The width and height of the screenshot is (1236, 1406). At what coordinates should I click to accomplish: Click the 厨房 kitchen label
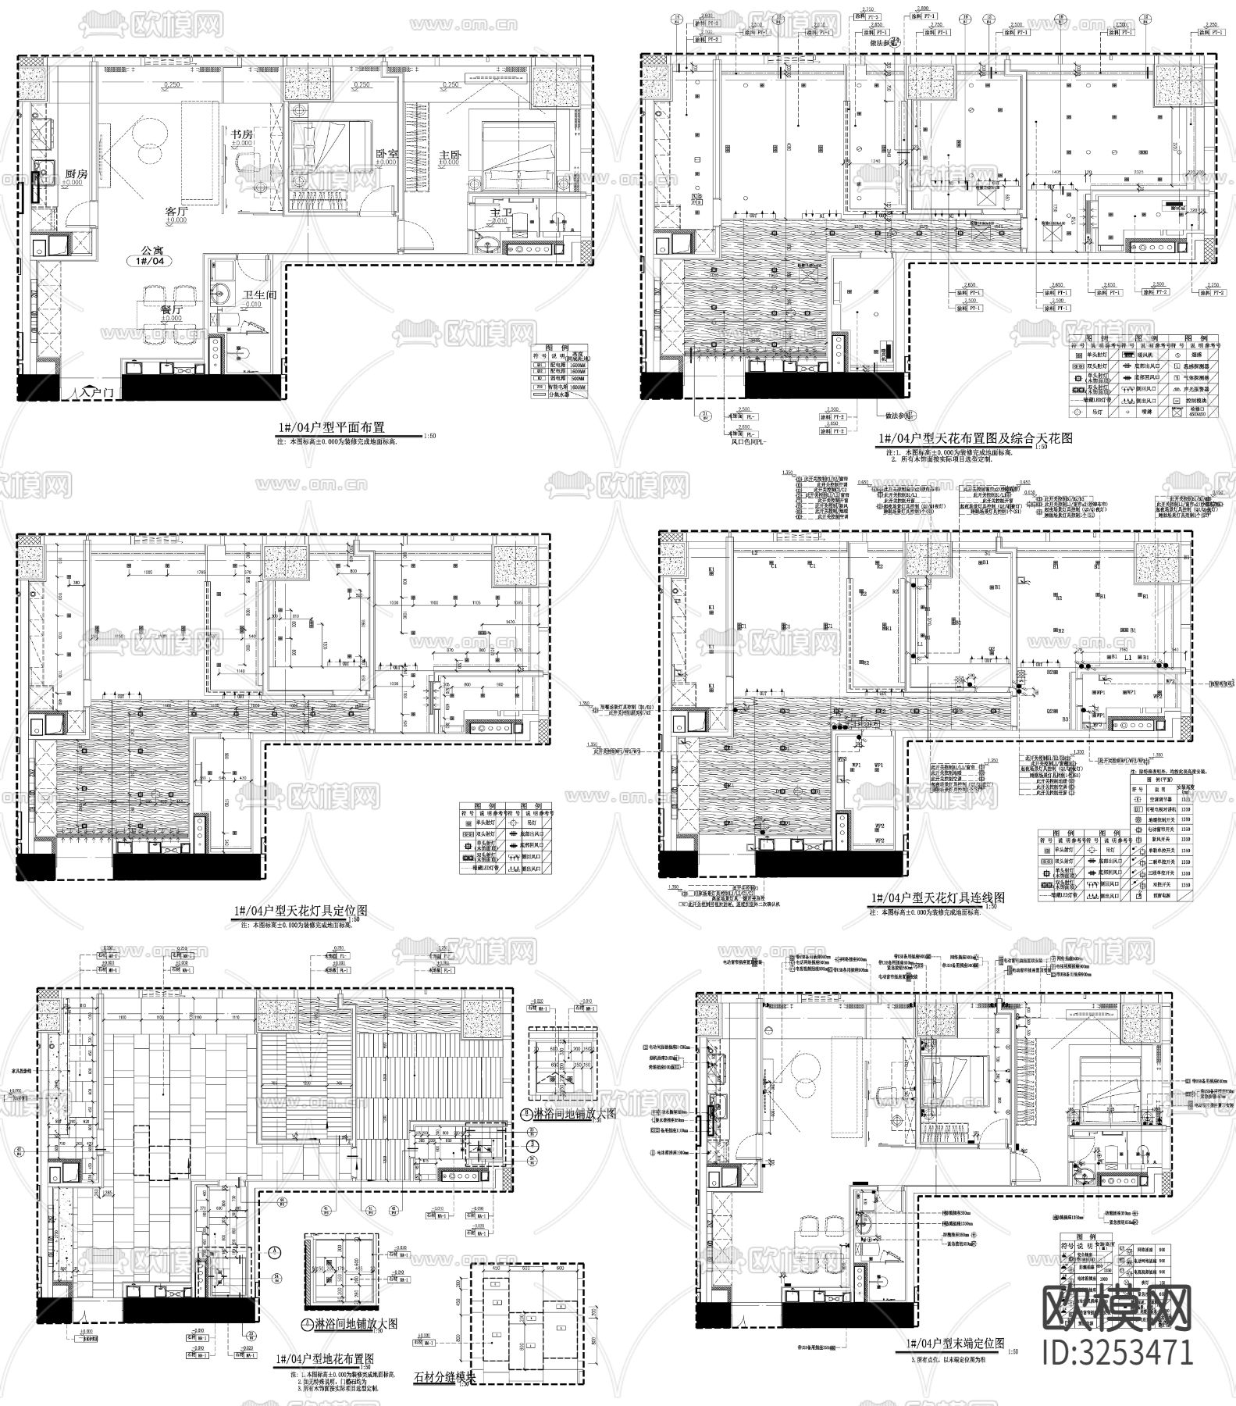pyautogui.click(x=75, y=174)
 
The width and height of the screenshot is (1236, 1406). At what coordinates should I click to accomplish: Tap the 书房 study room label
pyautogui.click(x=240, y=134)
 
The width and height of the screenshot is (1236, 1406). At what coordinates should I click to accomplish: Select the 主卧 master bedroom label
pyautogui.click(x=451, y=155)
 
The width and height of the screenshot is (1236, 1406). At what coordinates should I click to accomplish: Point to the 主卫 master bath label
pyautogui.click(x=500, y=212)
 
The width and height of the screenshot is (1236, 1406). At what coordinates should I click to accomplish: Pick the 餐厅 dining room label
pyautogui.click(x=173, y=309)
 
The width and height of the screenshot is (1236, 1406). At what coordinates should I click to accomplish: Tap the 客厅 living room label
pyautogui.click(x=177, y=211)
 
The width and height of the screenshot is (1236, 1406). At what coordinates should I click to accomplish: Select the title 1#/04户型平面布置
pyautogui.click(x=332, y=428)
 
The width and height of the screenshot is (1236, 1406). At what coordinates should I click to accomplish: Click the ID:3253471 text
pyautogui.click(x=1119, y=1352)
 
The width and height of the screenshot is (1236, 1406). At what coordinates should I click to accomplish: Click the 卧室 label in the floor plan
pyautogui.click(x=387, y=155)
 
